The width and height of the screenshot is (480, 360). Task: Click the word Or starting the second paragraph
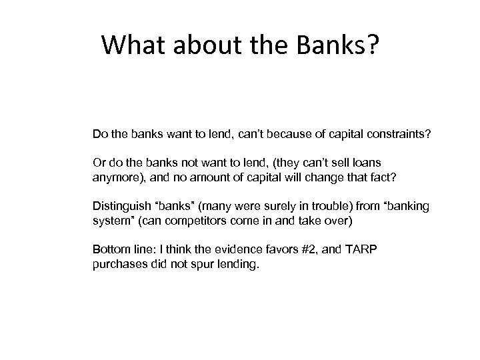99,163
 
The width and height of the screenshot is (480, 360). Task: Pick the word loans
371,163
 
